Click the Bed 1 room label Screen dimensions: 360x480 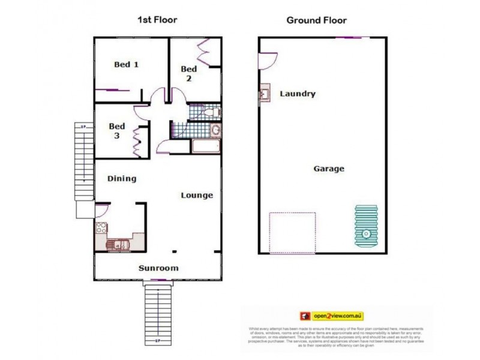pos(127,64)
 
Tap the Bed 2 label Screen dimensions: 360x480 pos(188,73)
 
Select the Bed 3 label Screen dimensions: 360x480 pos(116,131)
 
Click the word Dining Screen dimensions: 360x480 pos(122,178)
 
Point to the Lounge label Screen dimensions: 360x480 pos(197,195)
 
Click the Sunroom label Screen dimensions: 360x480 pos(158,268)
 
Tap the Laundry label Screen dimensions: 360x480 pos(298,94)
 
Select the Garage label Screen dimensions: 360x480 pos(329,169)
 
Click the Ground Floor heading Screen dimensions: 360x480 pos(316,20)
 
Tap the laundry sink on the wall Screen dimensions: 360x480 pos(264,95)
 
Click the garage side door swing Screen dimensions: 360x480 pos(267,60)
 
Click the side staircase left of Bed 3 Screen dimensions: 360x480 pos(82,162)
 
